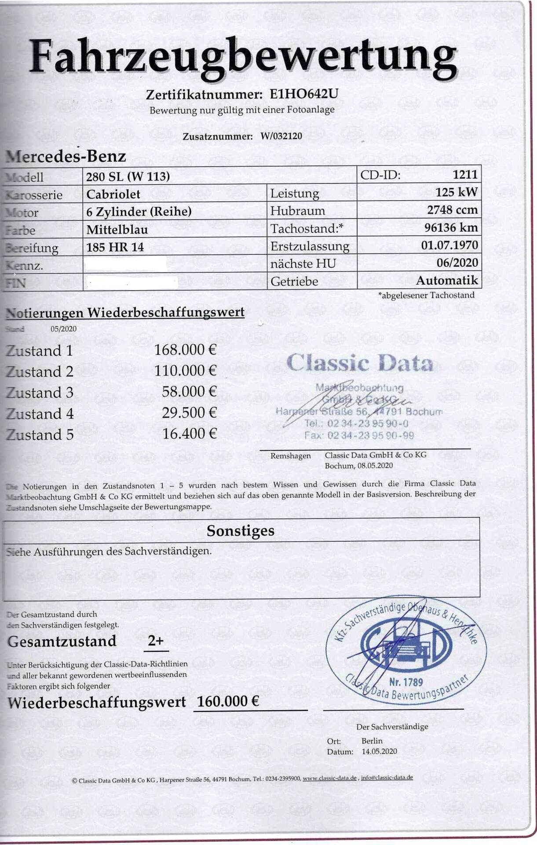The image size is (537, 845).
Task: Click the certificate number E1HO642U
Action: click(x=304, y=94)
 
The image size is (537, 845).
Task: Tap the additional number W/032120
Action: click(x=281, y=136)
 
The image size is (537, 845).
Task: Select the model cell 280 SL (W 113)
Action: click(x=128, y=176)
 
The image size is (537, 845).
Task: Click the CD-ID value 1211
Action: click(x=465, y=175)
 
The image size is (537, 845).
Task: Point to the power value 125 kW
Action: click(x=457, y=192)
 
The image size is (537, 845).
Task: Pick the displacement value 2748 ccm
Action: click(x=452, y=210)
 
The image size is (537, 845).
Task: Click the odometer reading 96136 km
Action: click(x=451, y=228)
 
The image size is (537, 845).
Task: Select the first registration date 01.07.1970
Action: click(x=449, y=245)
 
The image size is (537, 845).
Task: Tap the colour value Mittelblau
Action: click(x=117, y=230)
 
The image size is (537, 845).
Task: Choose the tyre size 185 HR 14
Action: click(x=115, y=247)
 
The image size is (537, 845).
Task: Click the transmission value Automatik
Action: click(x=447, y=280)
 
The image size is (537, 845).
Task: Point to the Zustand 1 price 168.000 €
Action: click(x=185, y=350)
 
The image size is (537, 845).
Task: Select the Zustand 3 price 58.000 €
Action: click(x=189, y=392)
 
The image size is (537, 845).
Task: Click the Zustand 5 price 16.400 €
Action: click(x=189, y=434)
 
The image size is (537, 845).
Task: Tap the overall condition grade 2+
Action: click(x=156, y=641)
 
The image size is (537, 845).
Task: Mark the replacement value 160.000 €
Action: click(x=228, y=702)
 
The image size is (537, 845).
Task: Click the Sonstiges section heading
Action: click(x=241, y=531)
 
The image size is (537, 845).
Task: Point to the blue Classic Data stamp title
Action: click(x=360, y=363)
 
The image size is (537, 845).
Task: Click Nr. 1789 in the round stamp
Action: click(x=406, y=683)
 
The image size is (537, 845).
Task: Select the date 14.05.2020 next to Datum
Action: click(x=379, y=751)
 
